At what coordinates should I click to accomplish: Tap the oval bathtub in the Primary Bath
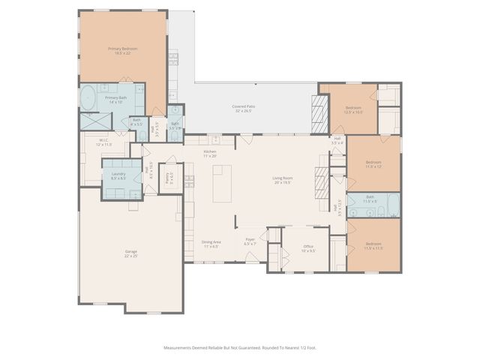point(88,97)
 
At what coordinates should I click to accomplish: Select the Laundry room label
point(118,175)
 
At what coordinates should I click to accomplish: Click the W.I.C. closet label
point(105,142)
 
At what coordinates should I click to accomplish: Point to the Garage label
point(131,253)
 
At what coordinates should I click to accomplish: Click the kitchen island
point(223,184)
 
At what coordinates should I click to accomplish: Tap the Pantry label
point(170,179)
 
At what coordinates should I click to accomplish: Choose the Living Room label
point(283,179)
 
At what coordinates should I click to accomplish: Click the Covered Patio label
point(246,109)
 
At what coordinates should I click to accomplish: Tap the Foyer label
point(250,241)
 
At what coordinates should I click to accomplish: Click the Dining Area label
point(211,243)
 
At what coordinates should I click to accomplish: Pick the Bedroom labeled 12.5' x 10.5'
point(354,109)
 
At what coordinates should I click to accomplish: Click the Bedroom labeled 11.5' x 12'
point(373,163)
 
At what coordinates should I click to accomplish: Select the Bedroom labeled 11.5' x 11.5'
point(373,246)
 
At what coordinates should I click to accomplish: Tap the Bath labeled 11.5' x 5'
point(370,202)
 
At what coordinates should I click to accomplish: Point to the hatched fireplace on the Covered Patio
point(318,112)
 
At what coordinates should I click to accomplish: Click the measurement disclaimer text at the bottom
point(239,347)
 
